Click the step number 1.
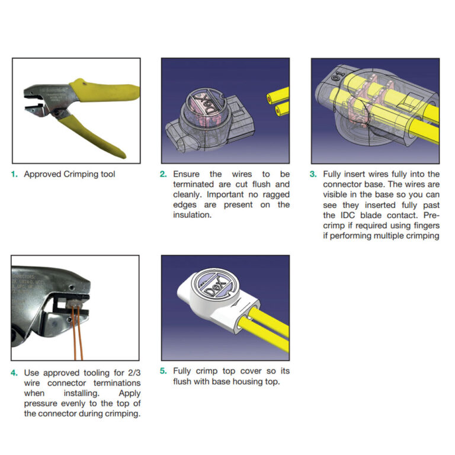tap(15, 174)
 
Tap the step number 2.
tap(164, 174)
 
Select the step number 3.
tap(313, 174)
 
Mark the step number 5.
tap(164, 371)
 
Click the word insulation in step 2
tap(192, 215)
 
